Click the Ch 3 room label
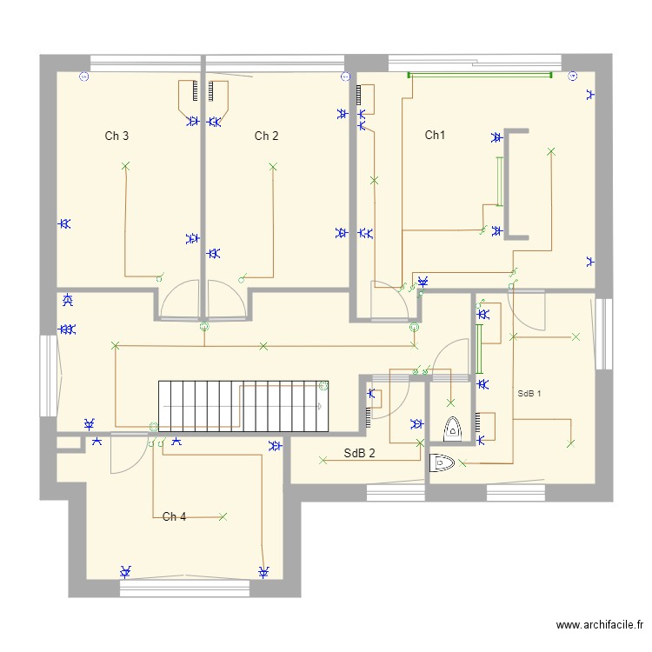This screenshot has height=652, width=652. point(117,136)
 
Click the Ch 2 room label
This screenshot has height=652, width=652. point(266,136)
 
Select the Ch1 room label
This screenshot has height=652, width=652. point(435,135)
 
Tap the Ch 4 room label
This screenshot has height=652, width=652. point(174,516)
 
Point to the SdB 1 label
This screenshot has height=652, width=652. point(529,393)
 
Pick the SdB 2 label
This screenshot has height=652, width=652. point(359,453)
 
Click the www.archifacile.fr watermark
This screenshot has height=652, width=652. point(600,625)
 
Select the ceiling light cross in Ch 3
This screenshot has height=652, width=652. point(125,166)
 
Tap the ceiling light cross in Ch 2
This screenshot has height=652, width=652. point(273,166)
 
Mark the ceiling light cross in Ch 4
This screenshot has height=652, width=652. point(223,516)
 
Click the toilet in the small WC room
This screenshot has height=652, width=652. point(452,428)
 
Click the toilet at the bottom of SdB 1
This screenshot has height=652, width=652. point(442,463)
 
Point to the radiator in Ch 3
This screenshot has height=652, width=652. point(190,93)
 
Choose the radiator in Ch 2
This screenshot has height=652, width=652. point(218,93)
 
